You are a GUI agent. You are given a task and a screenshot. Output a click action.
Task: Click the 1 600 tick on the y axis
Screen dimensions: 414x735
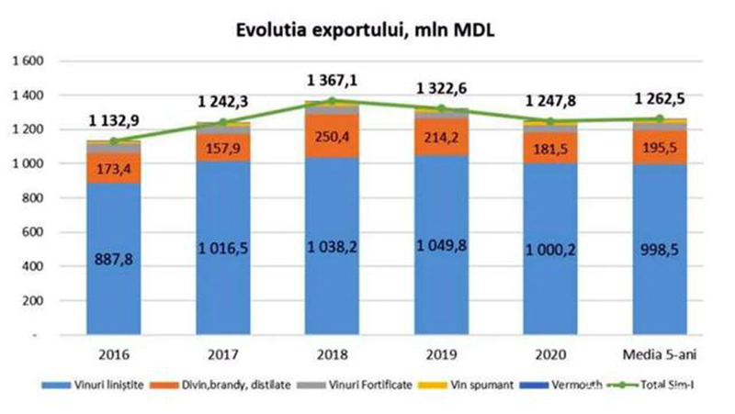pyautogui.click(x=24, y=61)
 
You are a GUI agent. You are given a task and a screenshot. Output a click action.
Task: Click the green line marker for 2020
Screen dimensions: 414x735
pyautogui.click(x=549, y=121)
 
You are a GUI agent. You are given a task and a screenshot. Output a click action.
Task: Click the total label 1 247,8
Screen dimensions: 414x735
pyautogui.click(x=549, y=101)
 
